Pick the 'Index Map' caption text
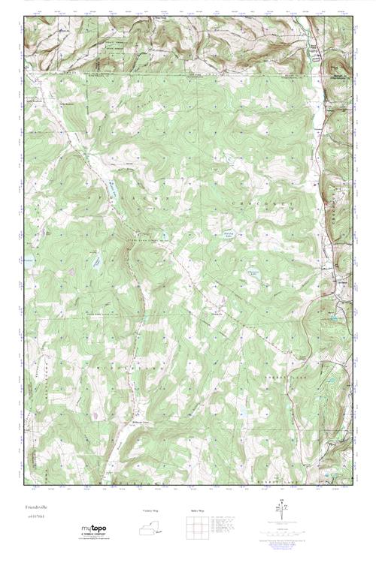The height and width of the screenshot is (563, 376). (x=196, y=510)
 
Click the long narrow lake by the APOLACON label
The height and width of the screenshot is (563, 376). (x=110, y=197)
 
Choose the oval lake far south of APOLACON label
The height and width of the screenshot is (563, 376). (x=97, y=263)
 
